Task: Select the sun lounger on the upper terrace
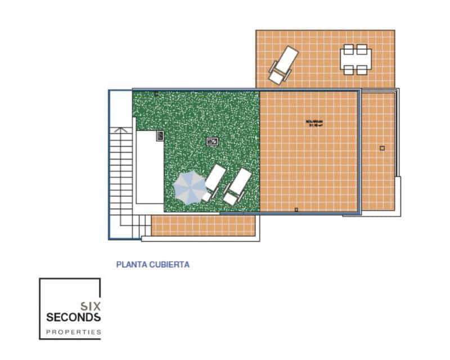coord(283,65)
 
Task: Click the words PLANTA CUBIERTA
coord(152,263)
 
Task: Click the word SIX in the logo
coord(90,306)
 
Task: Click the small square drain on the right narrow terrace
coord(382,148)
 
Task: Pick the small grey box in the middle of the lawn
coord(211,141)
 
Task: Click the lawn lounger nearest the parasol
coord(214,183)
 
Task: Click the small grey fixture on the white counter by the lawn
coord(160,135)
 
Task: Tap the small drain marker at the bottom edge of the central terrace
coord(296,210)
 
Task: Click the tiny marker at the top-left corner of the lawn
coord(156,93)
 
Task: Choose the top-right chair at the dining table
coord(362,49)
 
